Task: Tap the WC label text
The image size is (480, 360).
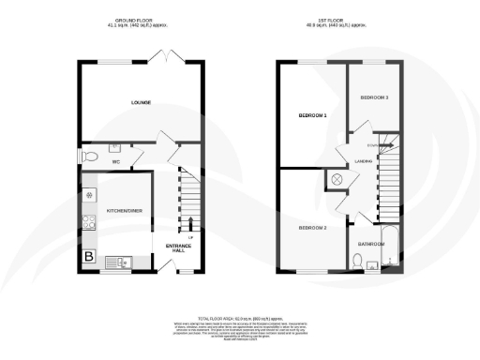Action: pyautogui.click(x=117, y=162)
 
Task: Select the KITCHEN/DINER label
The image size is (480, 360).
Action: pyautogui.click(x=124, y=211)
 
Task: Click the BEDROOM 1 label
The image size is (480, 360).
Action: pyautogui.click(x=312, y=116)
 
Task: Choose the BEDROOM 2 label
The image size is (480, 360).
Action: pyautogui.click(x=312, y=228)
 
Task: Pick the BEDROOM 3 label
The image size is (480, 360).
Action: pyautogui.click(x=373, y=97)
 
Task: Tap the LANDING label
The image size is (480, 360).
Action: pyautogui.click(x=364, y=162)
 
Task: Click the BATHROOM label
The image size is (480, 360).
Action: pyautogui.click(x=370, y=244)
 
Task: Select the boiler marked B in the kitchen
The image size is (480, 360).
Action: pyautogui.click(x=90, y=256)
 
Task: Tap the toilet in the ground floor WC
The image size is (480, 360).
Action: pyautogui.click(x=90, y=156)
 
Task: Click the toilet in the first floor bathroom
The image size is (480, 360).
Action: pyautogui.click(x=359, y=262)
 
